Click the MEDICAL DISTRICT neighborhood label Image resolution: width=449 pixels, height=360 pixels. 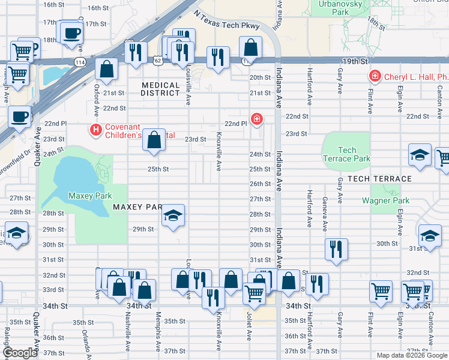pyautogui.click(x=160, y=89)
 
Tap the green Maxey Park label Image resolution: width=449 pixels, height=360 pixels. pyautogui.click(x=90, y=196)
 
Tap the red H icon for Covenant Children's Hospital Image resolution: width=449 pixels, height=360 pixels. pyautogui.click(x=95, y=129)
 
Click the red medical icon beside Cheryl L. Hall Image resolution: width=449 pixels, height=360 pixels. pyautogui.click(x=375, y=77)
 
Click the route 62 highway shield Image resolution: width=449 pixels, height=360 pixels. pyautogui.click(x=157, y=61)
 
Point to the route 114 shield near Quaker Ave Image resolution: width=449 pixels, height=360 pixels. pyautogui.click(x=79, y=62)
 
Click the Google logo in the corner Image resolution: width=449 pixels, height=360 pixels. pyautogui.click(x=20, y=353)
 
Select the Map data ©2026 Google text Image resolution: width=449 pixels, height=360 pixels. pyautogui.click(x=412, y=355)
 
